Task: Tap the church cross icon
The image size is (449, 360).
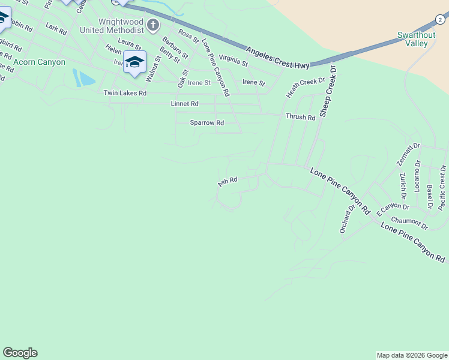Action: click(154, 25)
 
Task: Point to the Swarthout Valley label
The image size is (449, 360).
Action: click(416, 39)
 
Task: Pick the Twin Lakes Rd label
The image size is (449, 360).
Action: click(125, 93)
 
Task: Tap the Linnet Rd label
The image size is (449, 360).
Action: click(184, 104)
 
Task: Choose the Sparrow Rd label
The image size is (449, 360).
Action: click(206, 122)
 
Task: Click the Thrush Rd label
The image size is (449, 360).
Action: click(300, 117)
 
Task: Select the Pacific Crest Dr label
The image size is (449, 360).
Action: click(442, 187)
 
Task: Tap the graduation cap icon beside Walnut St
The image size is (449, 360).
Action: click(134, 62)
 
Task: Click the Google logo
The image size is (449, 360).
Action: click(20, 353)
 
